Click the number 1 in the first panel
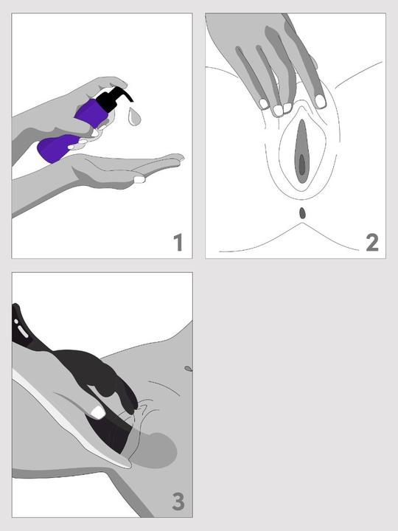[178, 243]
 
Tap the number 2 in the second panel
[372, 243]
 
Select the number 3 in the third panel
[178, 502]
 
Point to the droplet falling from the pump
[134, 117]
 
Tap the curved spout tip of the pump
[130, 99]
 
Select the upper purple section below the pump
[92, 113]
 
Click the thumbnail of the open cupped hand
[139, 179]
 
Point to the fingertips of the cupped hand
[177, 159]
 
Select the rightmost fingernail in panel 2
[320, 101]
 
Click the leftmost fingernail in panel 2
[263, 104]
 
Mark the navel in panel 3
[188, 369]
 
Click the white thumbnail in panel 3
[98, 412]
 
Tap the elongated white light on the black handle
[24, 332]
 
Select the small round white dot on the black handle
[16, 321]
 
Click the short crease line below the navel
[164, 388]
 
